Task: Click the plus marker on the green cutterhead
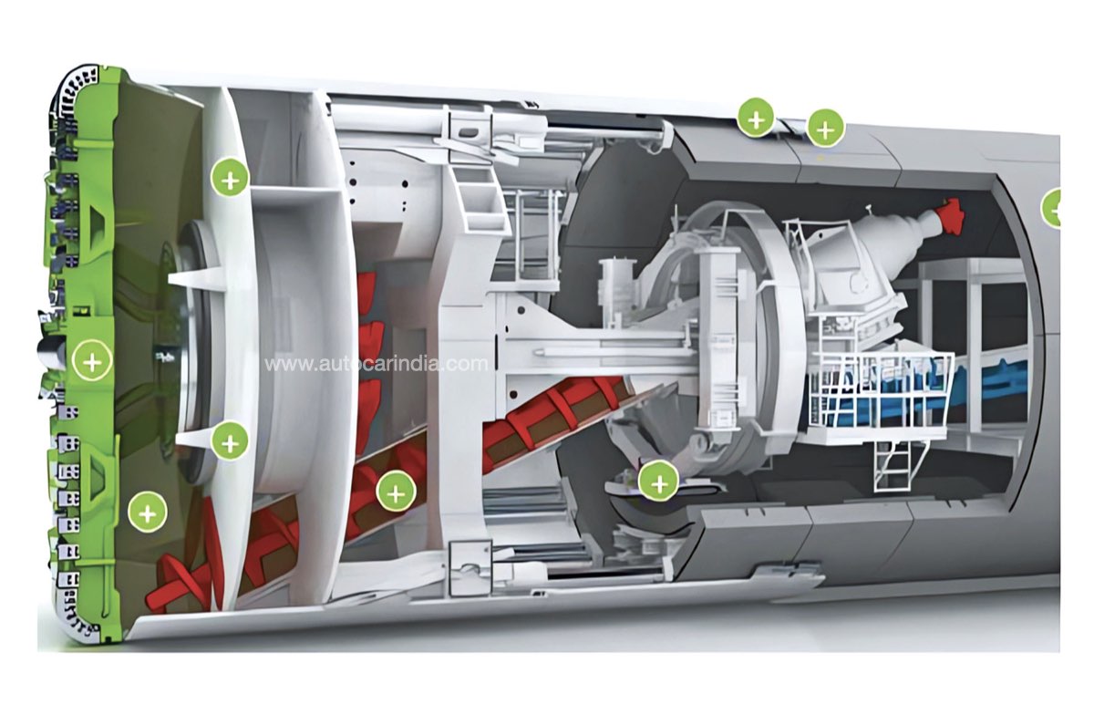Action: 92,362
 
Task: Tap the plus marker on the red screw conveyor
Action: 396,494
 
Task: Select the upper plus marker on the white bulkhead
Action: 230,181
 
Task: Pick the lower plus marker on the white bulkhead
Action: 230,443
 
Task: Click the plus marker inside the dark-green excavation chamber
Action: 147,513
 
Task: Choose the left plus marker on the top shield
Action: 756,119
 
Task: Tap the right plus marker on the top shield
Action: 825,129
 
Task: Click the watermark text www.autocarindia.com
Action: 376,364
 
